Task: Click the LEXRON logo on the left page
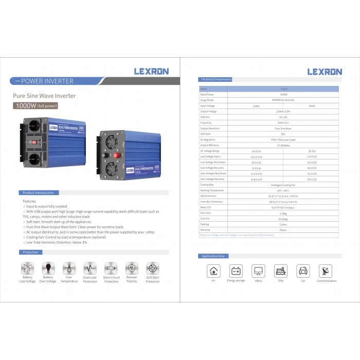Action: [x=151, y=71]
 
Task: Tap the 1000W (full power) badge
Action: [x=36, y=106]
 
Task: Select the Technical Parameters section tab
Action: [x=215, y=80]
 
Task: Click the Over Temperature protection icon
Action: [x=69, y=268]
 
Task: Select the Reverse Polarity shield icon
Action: [x=132, y=268]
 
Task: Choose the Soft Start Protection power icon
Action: [x=152, y=268]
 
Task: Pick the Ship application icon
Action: [x=280, y=271]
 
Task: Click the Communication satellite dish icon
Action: [x=326, y=271]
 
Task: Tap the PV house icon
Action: [x=213, y=271]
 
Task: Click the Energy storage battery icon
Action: [x=236, y=271]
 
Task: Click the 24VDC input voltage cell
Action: [x=311, y=105]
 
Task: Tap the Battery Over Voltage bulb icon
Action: [x=48, y=268]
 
